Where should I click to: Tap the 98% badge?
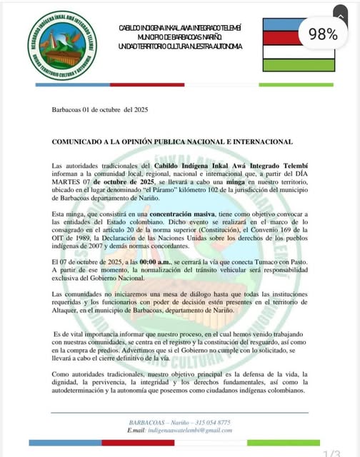click(323, 34)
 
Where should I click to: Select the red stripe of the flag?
click(284, 38)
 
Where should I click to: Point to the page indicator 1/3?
click(331, 453)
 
